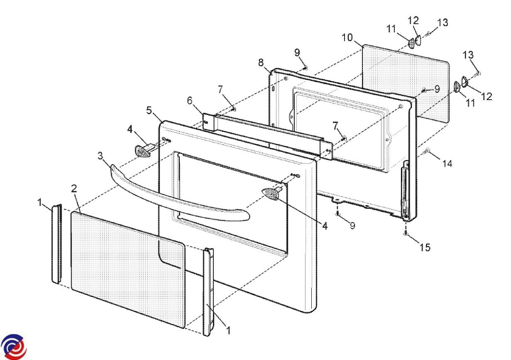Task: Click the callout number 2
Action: point(74,188)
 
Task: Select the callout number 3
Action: point(100,156)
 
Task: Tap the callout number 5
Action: point(149,110)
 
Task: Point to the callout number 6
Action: point(189,101)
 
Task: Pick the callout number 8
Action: point(261,63)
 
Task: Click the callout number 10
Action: point(347,37)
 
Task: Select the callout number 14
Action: point(447,164)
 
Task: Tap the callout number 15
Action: point(425,247)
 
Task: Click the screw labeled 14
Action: point(426,151)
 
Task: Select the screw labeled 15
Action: point(405,233)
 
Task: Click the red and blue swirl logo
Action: point(13,347)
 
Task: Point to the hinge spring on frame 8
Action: point(404,192)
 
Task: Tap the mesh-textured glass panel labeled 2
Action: point(128,270)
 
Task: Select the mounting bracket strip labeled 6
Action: point(268,136)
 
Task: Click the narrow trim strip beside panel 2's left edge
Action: point(57,244)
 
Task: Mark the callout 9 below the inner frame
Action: point(353,226)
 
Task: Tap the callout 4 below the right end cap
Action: point(325,226)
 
